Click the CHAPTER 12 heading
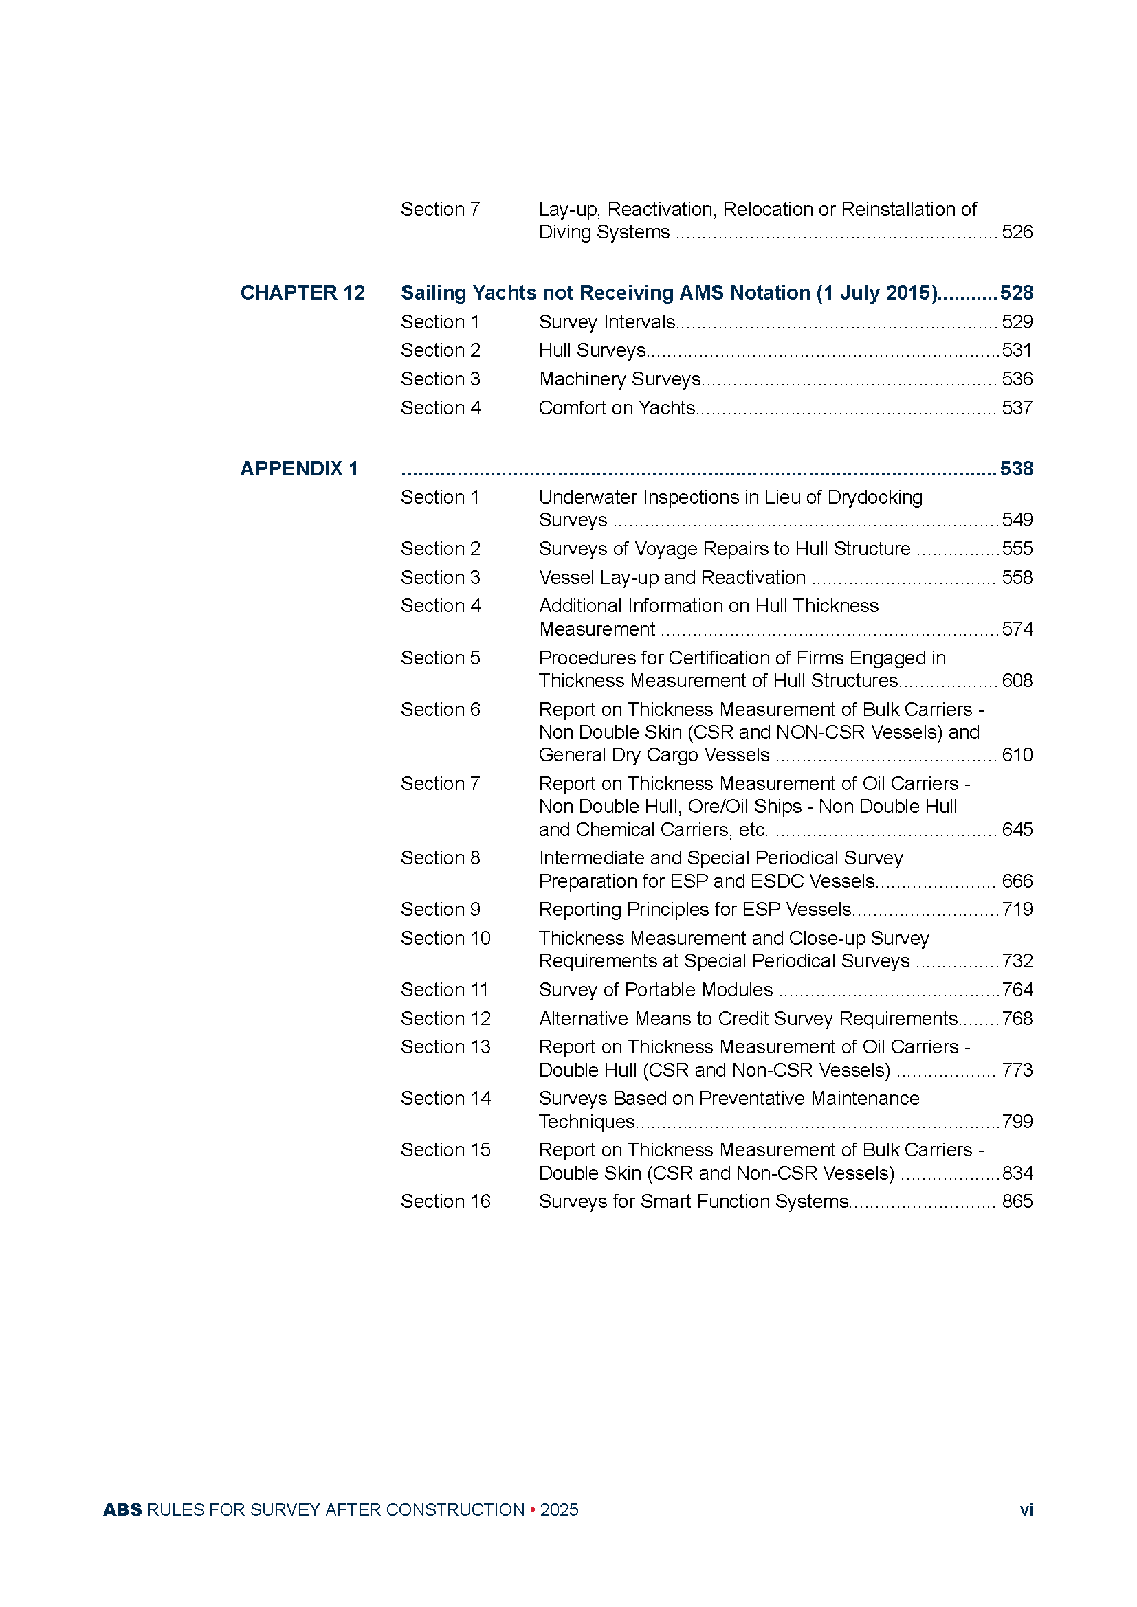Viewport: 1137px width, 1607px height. pyautogui.click(x=302, y=293)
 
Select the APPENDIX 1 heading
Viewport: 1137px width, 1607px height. pyautogui.click(x=299, y=469)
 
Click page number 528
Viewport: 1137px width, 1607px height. pyautogui.click(x=1017, y=293)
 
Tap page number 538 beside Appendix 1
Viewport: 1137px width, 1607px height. pyautogui.click(x=1017, y=469)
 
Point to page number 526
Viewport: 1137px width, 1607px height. pyautogui.click(x=1017, y=232)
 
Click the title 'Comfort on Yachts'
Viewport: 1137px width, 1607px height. pyautogui.click(x=617, y=407)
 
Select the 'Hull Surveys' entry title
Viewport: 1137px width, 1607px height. pyautogui.click(x=593, y=350)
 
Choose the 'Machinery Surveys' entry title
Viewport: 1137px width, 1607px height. pyautogui.click(x=619, y=379)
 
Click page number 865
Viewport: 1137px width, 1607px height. pyautogui.click(x=1017, y=1201)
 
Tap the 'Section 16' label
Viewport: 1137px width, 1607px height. pyautogui.click(x=445, y=1201)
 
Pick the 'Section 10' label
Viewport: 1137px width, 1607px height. pyautogui.click(x=445, y=938)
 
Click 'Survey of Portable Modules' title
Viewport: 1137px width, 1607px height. pyautogui.click(x=655, y=989)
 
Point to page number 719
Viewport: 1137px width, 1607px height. pyautogui.click(x=1017, y=909)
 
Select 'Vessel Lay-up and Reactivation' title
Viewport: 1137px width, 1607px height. pyautogui.click(x=672, y=577)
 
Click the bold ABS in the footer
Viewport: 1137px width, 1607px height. pyautogui.click(x=122, y=1509)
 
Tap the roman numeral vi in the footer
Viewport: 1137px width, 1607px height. pyautogui.click(x=1026, y=1509)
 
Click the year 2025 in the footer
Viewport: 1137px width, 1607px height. pyautogui.click(x=559, y=1509)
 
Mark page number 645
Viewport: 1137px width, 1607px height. pyautogui.click(x=1017, y=829)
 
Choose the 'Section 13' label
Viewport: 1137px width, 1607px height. pyautogui.click(x=445, y=1046)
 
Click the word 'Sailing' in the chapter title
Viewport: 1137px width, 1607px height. pyautogui.click(x=432, y=293)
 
